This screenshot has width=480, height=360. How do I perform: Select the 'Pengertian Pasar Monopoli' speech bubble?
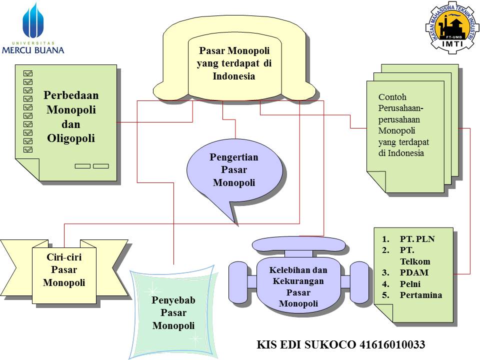pyautogui.click(x=234, y=170)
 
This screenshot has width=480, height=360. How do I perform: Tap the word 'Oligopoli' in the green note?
pyautogui.click(x=70, y=138)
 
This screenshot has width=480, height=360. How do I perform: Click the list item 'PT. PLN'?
pyautogui.click(x=417, y=239)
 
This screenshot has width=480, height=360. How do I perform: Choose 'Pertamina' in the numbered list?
pyautogui.click(x=420, y=295)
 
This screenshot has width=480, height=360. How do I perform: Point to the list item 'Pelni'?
pyautogui.click(x=410, y=284)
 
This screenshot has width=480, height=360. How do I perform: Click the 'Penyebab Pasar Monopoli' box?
pyautogui.click(x=173, y=313)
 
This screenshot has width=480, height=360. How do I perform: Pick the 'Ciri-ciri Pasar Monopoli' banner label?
pyautogui.click(x=64, y=270)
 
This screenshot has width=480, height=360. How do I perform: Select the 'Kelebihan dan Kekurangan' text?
pyautogui.click(x=298, y=275)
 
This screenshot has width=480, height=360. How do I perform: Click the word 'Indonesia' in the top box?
pyautogui.click(x=233, y=76)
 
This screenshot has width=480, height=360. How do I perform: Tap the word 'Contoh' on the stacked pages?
pyautogui.click(x=392, y=97)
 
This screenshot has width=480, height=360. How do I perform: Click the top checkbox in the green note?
pyautogui.click(x=28, y=72)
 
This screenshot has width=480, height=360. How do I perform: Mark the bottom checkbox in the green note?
pyautogui.click(x=28, y=149)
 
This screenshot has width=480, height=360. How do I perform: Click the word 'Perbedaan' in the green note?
pyautogui.click(x=70, y=95)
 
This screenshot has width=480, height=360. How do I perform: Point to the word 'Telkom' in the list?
pyautogui.click(x=414, y=261)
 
